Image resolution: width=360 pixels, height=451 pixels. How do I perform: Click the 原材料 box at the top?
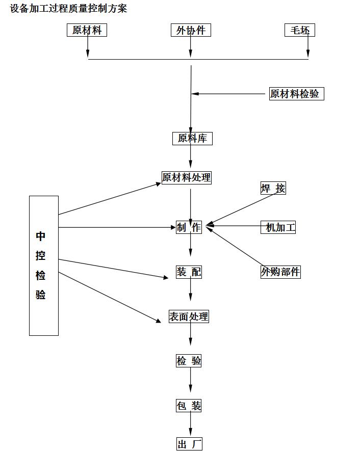87,31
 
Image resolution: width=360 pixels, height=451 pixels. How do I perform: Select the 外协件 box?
191,31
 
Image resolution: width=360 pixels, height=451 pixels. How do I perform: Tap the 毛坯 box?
300,31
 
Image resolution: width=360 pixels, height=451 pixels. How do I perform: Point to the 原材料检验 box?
296,94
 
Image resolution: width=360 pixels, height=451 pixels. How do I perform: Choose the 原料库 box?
192,139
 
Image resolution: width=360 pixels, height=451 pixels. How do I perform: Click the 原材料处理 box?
186,177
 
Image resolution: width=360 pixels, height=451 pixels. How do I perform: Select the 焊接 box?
273,189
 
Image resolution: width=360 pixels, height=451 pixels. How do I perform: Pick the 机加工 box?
278,228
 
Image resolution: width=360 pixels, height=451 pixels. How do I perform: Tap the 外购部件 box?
280,272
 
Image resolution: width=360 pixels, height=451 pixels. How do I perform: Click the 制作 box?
189,228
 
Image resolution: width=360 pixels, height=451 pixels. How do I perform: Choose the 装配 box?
189,272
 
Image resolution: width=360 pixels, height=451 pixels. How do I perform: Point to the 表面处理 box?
189,316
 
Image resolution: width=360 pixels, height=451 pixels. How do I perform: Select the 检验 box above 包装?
189,361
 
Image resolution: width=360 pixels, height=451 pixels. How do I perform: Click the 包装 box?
189,406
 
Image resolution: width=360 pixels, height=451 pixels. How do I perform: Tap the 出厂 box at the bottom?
190,444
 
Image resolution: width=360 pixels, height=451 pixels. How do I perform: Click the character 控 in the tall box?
41,256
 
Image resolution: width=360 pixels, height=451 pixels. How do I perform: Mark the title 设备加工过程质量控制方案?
68,9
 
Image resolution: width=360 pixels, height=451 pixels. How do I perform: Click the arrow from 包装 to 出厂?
191,425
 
